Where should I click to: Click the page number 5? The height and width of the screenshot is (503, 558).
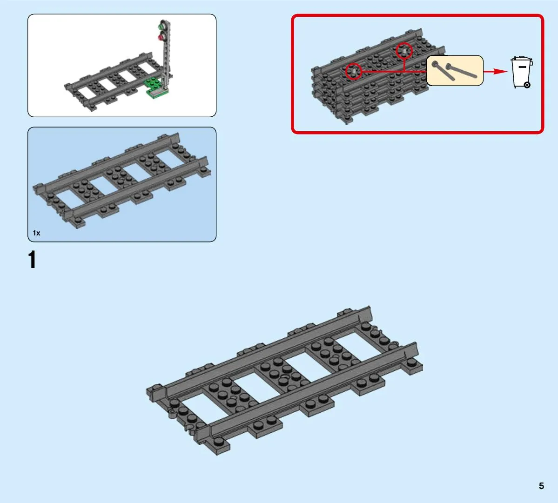(541, 486)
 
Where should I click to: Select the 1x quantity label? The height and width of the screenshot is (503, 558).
(36, 233)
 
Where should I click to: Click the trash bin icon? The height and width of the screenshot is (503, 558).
(522, 72)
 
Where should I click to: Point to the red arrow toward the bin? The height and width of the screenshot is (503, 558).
(495, 72)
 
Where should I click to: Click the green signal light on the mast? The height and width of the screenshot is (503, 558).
(162, 27)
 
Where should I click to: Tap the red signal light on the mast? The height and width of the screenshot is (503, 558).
(161, 36)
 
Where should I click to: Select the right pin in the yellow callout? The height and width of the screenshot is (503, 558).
(461, 71)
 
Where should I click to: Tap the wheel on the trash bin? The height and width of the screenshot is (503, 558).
(527, 85)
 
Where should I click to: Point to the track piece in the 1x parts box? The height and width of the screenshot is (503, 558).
(122, 181)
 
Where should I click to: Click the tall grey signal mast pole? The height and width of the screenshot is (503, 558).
(166, 54)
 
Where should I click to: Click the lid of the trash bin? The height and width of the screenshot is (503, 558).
(521, 58)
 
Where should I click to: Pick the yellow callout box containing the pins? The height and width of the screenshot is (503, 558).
(455, 70)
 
